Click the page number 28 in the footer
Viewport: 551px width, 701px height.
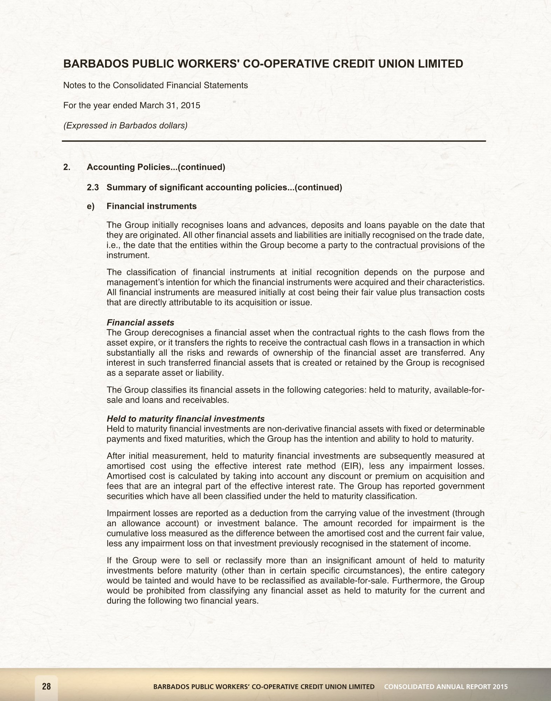point(46,686)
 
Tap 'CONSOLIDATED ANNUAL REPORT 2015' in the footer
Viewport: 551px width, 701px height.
point(446,687)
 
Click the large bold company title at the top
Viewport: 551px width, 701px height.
point(263,64)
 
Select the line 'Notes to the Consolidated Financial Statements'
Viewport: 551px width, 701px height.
point(156,85)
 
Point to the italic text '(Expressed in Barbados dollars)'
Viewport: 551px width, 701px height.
point(125,125)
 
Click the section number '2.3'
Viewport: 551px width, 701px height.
point(93,187)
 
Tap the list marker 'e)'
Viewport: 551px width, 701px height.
point(91,206)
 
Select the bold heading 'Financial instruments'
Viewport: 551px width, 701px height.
point(151,206)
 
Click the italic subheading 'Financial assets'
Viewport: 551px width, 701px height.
point(140,322)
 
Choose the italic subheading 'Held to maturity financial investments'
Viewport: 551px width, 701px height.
point(185,419)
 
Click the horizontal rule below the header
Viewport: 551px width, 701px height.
point(274,141)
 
